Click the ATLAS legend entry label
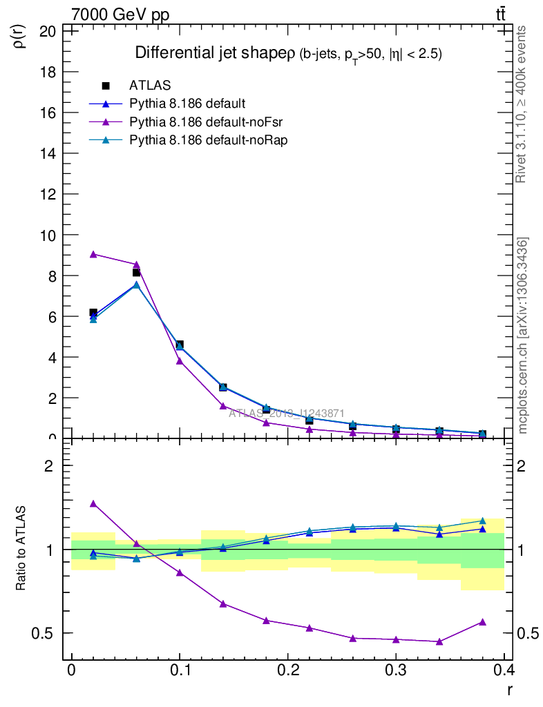click(150, 86)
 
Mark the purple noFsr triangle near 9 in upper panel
click(93, 254)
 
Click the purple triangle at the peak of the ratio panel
click(93, 504)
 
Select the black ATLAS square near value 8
click(136, 273)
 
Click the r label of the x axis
click(508, 688)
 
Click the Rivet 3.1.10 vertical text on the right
click(521, 104)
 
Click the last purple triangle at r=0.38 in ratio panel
click(482, 622)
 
